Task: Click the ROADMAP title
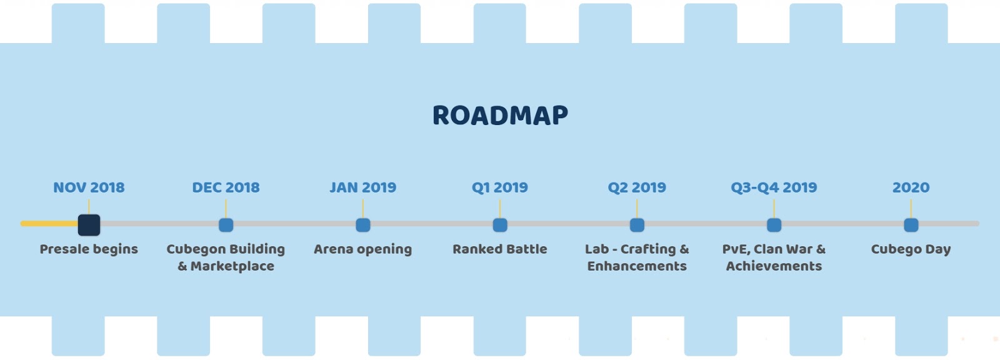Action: coord(500,115)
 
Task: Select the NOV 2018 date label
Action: coord(89,187)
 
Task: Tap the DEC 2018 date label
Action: coord(226,187)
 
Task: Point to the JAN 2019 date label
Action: coord(363,187)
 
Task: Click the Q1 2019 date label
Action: coord(500,187)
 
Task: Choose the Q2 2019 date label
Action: coord(637,187)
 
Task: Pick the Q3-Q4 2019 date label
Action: coord(774,187)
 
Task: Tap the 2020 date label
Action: coord(911,187)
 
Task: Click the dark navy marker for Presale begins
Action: coord(89,224)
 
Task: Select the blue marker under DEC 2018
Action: coord(226,224)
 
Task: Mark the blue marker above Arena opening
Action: coord(363,224)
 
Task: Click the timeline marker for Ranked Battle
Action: coord(500,224)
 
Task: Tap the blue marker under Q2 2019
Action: coord(637,224)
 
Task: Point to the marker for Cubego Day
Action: coord(911,224)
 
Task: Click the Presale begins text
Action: coord(89,249)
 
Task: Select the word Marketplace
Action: coord(232,266)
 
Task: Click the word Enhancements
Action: coord(637,266)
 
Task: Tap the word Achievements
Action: coord(774,266)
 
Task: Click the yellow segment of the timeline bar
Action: coord(49,223)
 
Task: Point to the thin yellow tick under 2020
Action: coord(911,209)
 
